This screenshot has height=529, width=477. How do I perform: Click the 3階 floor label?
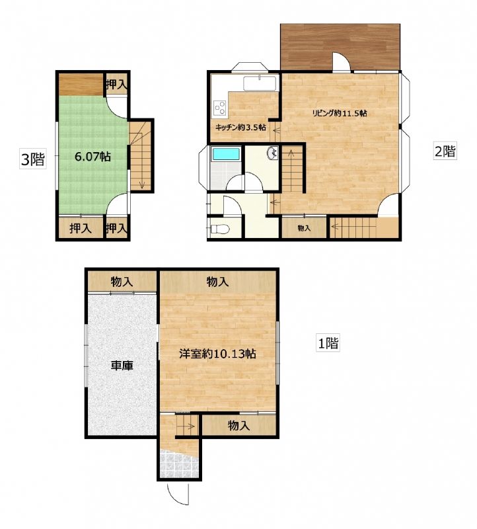click(x=32, y=159)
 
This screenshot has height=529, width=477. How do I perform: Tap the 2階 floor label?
click(x=445, y=151)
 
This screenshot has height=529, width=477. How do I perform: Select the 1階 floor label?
click(x=328, y=343)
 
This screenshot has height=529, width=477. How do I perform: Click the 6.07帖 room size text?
click(x=92, y=157)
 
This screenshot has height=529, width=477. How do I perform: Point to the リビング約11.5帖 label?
click(x=339, y=113)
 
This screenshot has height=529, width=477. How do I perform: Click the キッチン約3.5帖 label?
click(x=240, y=128)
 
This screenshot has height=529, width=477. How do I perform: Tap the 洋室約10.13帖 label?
click(x=217, y=354)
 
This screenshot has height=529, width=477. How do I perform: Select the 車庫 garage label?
click(x=122, y=366)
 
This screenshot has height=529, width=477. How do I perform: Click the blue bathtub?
click(x=225, y=154)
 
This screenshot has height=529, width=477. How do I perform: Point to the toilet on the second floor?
click(x=219, y=229)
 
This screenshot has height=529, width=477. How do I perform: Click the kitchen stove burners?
click(x=220, y=108)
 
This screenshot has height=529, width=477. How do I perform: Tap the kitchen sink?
click(x=260, y=83)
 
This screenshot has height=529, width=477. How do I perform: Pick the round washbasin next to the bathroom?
click(x=272, y=153)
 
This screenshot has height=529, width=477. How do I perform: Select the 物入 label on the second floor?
click(x=304, y=228)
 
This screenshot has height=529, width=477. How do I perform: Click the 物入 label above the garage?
click(x=122, y=282)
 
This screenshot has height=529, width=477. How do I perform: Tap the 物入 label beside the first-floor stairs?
click(x=239, y=426)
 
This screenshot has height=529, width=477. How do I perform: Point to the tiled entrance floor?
click(x=178, y=465)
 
